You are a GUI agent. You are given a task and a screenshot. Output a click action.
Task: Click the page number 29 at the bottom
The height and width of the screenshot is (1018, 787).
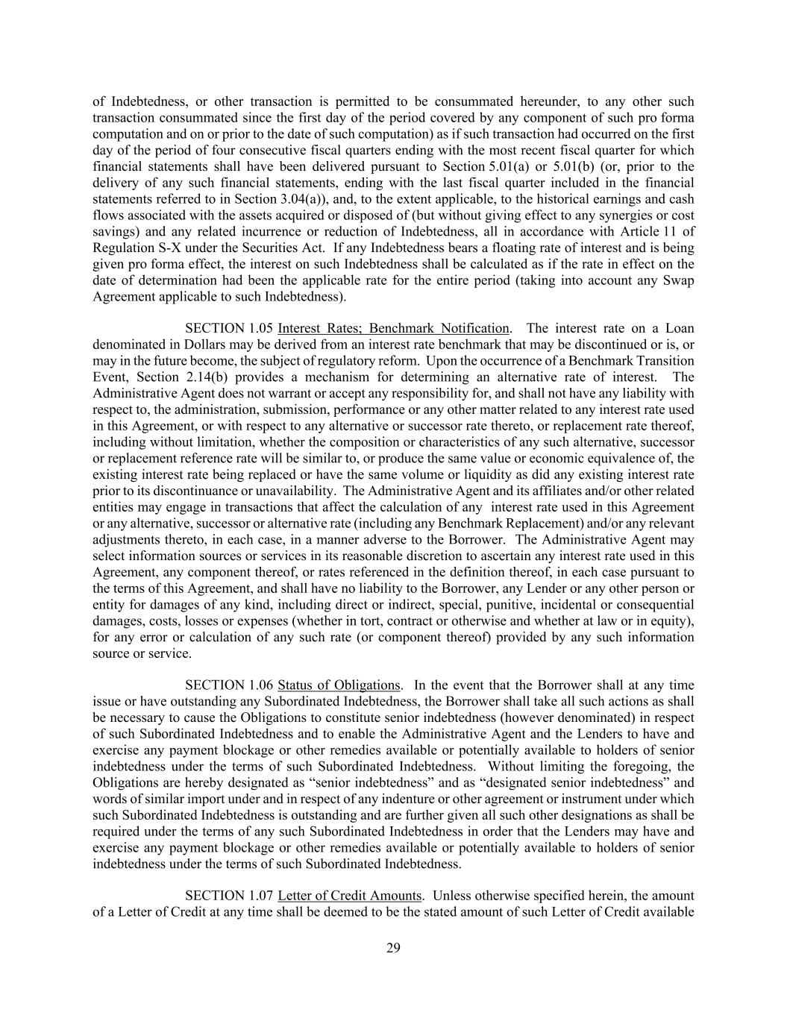(393, 948)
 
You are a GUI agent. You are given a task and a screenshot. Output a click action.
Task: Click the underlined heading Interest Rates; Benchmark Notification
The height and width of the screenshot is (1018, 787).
(393, 328)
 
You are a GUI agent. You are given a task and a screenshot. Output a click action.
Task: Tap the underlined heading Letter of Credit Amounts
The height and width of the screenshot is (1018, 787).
(349, 896)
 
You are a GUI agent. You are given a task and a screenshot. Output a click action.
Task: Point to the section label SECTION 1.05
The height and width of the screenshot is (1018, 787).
(229, 328)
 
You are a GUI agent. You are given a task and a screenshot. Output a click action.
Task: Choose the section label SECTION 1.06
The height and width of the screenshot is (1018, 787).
(229, 685)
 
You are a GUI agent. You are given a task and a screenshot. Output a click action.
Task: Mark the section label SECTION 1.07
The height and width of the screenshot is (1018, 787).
(229, 896)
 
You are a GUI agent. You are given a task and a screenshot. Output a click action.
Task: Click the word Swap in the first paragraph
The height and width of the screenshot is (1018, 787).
(679, 280)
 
